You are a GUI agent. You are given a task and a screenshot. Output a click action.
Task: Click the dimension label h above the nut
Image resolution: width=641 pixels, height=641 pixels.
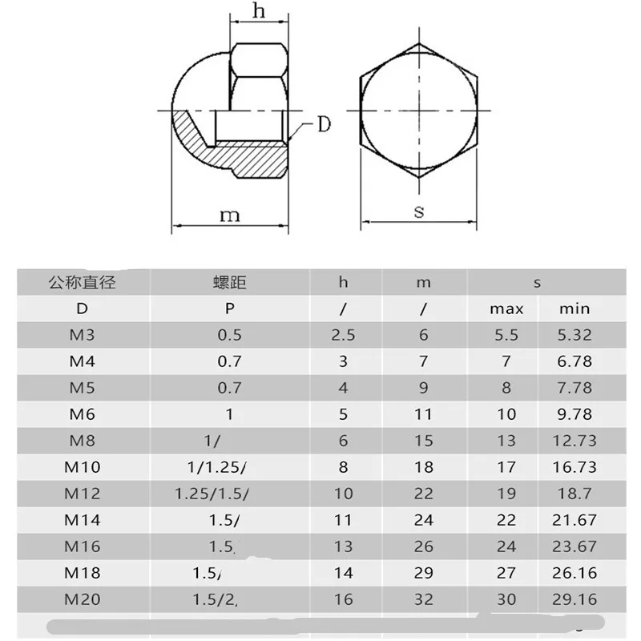click(258, 10)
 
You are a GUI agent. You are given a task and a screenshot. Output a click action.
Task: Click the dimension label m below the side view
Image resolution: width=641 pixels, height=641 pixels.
click(230, 214)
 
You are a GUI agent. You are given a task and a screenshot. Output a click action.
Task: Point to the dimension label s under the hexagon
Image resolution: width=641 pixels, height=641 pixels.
click(418, 211)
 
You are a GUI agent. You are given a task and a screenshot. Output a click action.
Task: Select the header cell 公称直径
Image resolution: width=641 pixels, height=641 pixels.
click(82, 282)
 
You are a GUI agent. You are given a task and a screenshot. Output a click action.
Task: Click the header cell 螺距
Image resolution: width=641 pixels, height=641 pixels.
click(229, 282)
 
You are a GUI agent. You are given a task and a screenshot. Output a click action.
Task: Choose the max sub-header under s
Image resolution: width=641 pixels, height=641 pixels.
click(506, 308)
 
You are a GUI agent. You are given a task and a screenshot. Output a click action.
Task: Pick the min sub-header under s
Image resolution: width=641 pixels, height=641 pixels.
click(574, 308)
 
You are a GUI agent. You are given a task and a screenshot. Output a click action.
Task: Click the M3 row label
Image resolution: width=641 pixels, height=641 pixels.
click(82, 335)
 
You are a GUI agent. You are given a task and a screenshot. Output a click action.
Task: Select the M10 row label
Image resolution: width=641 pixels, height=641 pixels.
click(82, 467)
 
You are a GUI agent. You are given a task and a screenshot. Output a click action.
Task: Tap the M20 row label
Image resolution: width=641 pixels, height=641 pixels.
click(82, 599)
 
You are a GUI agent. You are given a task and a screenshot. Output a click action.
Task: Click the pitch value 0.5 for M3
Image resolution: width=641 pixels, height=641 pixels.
click(229, 335)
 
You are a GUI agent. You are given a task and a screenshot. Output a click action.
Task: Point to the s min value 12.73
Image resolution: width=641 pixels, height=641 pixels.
click(574, 441)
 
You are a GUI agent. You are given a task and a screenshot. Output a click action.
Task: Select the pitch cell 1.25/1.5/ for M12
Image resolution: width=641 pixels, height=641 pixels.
click(212, 494)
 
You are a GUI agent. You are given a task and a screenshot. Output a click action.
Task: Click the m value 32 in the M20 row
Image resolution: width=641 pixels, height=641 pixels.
click(424, 599)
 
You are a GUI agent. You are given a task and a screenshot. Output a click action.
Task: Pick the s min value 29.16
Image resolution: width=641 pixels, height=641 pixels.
click(574, 599)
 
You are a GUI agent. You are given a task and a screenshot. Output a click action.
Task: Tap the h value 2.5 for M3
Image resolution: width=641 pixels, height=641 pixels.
click(343, 335)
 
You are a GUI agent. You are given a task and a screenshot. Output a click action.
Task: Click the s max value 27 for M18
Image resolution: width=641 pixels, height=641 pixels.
click(506, 573)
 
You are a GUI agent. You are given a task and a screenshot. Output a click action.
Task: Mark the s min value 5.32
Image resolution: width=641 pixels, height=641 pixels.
click(574, 335)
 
